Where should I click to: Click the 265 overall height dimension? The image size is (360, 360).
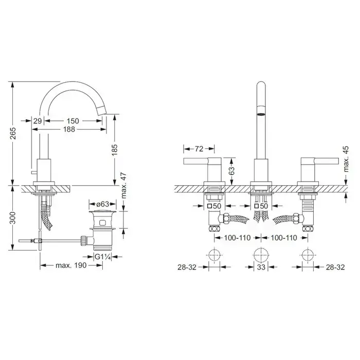coord(14,133)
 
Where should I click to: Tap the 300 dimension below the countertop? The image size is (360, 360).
coord(13,218)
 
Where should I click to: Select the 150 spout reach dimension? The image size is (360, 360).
coord(73,121)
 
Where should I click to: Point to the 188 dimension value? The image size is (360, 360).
coord(69,129)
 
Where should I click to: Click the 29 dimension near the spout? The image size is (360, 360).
coord(38,121)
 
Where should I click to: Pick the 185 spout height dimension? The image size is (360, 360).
coord(115,150)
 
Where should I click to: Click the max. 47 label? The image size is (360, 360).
coord(124,186)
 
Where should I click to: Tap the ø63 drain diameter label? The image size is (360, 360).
coord(103,204)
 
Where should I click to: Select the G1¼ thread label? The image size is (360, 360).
coord(103,257)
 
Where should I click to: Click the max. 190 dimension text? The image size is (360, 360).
coord(71,265)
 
